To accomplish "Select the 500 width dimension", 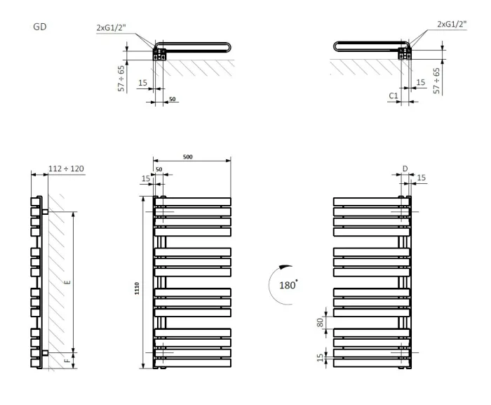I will pos(188,157).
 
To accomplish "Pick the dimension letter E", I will pos(67,282).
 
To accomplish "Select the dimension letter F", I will pos(67,361).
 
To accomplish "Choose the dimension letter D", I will pos(405,168).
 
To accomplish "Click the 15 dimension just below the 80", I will pos(321,358).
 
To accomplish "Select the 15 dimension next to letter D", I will pos(421,179).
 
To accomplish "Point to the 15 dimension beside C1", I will pos(420,83).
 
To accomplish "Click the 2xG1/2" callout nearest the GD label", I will pos(111,28).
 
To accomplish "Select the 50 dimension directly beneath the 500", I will pos(159,169).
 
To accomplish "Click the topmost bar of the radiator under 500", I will pos(192,201).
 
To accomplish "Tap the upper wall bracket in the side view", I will pos(44,211).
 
